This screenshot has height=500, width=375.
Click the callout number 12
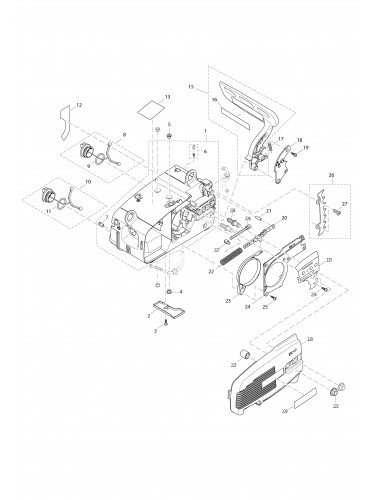80,105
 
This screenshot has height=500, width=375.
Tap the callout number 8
124,134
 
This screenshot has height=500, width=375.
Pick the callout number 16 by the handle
214,99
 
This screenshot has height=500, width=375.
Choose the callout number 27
345,203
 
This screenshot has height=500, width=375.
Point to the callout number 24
247,308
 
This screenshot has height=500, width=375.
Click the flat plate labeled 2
163,306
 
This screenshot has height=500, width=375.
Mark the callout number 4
181,292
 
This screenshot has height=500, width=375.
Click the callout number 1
206,131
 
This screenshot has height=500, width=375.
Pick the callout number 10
87,182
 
